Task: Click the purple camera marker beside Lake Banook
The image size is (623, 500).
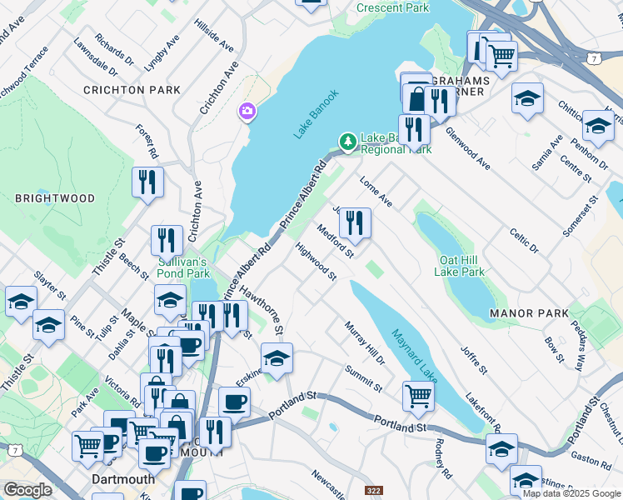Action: click(x=247, y=111)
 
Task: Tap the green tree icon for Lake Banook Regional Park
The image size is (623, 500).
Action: click(x=347, y=140)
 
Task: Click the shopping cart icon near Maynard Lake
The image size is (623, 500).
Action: click(x=417, y=397)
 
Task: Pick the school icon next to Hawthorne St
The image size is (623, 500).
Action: click(x=277, y=358)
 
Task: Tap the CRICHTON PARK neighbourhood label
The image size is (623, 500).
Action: click(x=132, y=89)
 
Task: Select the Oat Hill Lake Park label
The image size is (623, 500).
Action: click(x=460, y=266)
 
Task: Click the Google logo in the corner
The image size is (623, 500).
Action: click(x=28, y=490)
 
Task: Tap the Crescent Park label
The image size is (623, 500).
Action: click(x=392, y=7)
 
